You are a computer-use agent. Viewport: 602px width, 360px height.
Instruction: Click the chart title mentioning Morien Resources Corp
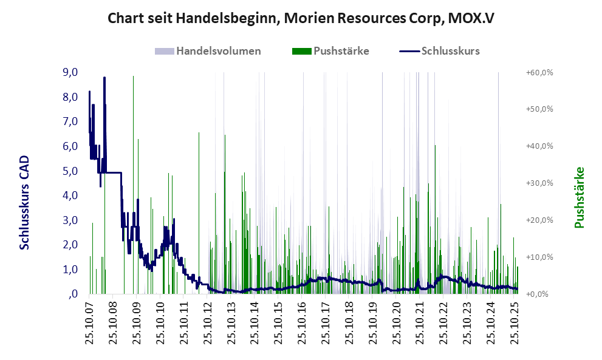tap(301, 18)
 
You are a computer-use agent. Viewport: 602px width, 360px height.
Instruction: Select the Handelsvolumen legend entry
tap(219, 51)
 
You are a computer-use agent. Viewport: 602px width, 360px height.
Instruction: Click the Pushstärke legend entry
tap(341, 51)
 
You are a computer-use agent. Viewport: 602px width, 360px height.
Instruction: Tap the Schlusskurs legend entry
tap(450, 51)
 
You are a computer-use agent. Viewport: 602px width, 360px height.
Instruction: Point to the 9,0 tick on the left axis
tap(70, 72)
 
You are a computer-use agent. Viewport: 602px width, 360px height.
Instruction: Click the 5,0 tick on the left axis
tap(70, 171)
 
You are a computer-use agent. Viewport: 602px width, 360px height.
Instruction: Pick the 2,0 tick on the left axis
tap(70, 245)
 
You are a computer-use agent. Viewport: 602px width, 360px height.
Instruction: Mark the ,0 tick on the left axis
tap(73, 294)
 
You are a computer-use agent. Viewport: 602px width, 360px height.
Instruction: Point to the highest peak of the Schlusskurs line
tap(104, 78)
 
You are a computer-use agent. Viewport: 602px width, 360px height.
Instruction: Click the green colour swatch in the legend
tap(302, 51)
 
